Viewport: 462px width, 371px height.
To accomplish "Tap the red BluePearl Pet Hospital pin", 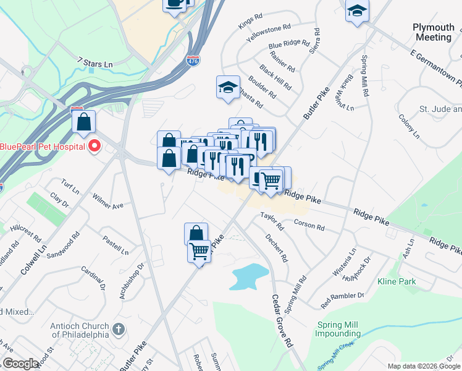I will (94, 147).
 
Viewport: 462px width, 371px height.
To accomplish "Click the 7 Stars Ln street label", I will (95, 62).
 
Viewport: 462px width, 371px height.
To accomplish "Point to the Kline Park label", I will (397, 281).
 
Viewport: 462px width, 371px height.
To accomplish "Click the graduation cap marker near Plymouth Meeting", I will (357, 11).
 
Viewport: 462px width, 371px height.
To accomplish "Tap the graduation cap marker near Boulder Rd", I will (227, 87).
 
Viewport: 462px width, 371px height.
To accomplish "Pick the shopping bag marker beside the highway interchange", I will (83, 121).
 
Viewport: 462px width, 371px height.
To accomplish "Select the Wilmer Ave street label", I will (108, 202).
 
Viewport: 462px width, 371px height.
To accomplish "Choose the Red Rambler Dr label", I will (342, 300).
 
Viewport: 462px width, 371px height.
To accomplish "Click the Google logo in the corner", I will (20, 364).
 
